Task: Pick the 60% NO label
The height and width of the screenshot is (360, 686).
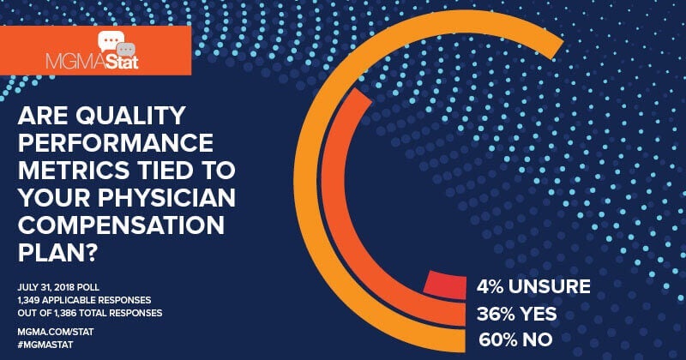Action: click(x=507, y=341)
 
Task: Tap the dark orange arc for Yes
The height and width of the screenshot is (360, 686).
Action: click(x=340, y=197)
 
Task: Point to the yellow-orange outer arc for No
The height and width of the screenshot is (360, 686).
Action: click(x=303, y=197)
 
